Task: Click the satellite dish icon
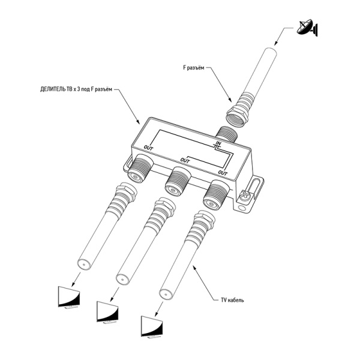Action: [x=308, y=27]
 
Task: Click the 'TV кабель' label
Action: [x=229, y=299]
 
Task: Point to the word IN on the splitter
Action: [x=218, y=144]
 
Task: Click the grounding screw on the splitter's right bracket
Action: [x=245, y=195]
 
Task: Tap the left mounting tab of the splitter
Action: [x=128, y=162]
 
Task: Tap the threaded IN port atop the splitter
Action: [x=226, y=133]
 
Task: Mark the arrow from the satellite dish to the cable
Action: [x=283, y=37]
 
